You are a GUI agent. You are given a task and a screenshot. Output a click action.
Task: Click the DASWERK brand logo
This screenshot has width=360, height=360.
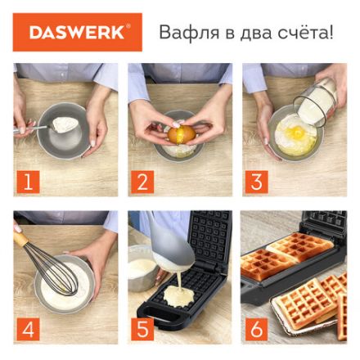(77, 33)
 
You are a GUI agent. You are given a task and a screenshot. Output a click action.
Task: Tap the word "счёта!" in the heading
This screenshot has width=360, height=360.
(306, 34)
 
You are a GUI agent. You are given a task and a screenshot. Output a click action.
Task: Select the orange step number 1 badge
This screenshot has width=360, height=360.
(27, 182)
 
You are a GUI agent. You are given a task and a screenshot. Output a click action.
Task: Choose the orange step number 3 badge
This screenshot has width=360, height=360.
(256, 182)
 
